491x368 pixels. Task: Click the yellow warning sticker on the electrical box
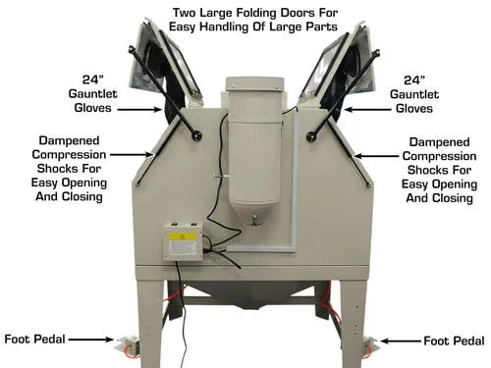(183, 237)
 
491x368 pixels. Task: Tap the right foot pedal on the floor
(370, 344)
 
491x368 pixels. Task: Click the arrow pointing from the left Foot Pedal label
(90, 340)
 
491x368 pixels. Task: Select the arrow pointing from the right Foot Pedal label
(401, 342)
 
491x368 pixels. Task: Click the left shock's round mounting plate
(197, 135)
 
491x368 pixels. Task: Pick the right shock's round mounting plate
(311, 135)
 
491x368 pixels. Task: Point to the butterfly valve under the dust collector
(253, 222)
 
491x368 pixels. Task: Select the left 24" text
(92, 79)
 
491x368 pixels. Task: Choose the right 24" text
(414, 79)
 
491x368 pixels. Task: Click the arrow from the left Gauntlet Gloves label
(139, 110)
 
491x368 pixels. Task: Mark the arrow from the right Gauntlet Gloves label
(367, 110)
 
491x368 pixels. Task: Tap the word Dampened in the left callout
(69, 140)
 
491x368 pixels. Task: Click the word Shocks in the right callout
(423, 170)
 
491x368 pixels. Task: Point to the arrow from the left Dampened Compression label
(132, 154)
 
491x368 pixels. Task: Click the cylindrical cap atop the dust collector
(254, 85)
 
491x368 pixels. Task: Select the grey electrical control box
(183, 241)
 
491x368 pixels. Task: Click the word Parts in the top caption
(321, 26)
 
